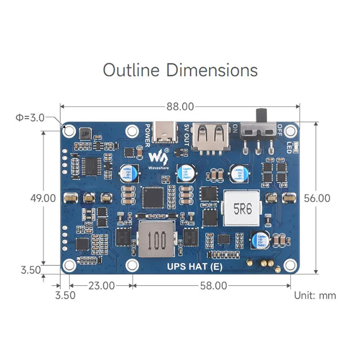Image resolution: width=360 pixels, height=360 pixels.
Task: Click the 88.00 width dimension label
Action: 180,107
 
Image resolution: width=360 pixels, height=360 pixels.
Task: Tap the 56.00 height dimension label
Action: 317,198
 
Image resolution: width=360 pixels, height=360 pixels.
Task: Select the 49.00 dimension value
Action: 43,198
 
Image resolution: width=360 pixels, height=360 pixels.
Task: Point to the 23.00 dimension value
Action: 101,285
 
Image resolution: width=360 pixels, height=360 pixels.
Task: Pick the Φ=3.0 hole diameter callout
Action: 30,118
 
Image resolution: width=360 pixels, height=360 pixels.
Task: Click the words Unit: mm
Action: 315,296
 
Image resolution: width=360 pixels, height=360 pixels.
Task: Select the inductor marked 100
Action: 156,239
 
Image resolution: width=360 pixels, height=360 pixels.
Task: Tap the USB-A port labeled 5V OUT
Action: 211,136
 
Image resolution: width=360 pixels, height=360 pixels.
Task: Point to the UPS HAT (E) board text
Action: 194,266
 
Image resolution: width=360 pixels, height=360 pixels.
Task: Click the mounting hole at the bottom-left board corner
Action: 69,265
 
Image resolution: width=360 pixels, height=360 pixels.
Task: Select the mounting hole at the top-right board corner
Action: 292,130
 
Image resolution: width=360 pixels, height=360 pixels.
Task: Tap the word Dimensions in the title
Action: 212,70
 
